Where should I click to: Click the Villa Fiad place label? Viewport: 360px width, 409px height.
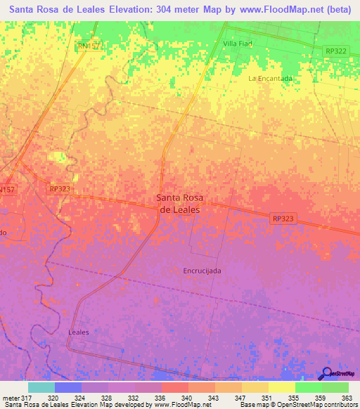[x=237, y=44]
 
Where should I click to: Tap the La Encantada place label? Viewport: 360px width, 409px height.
[x=270, y=79]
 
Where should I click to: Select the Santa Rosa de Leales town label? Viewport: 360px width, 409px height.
[x=178, y=204]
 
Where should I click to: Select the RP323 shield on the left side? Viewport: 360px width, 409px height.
[x=59, y=189]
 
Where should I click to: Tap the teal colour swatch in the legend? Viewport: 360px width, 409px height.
[x=41, y=387]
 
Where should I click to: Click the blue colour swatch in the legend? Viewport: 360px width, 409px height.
[x=68, y=387]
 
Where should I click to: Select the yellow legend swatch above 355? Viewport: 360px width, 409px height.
[x=281, y=387]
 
